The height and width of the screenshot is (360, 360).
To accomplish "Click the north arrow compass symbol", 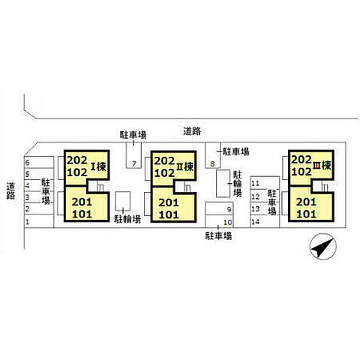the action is tap(323, 247).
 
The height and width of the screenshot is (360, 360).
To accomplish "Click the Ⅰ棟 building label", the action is tap(98, 166).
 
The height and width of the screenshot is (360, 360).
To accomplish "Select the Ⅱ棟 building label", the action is tap(185, 166).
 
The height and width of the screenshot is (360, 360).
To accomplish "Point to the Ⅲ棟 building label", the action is tap(322, 166).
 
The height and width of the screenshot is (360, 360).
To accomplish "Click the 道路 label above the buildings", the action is tap(192, 131).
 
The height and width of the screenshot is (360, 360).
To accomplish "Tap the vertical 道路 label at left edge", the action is tap(10, 190).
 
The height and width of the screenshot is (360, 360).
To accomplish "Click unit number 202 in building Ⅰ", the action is tap(77, 160).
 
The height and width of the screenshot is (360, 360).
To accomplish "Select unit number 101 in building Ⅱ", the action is tap(169, 214).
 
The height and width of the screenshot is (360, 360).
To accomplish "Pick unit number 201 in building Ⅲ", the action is tap(306, 202).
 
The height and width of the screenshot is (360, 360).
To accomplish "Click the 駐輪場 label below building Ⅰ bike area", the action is tap(127, 219).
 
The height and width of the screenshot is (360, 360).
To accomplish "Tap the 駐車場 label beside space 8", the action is tap(235, 151).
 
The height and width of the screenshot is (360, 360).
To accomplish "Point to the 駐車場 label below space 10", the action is tap(218, 235).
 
